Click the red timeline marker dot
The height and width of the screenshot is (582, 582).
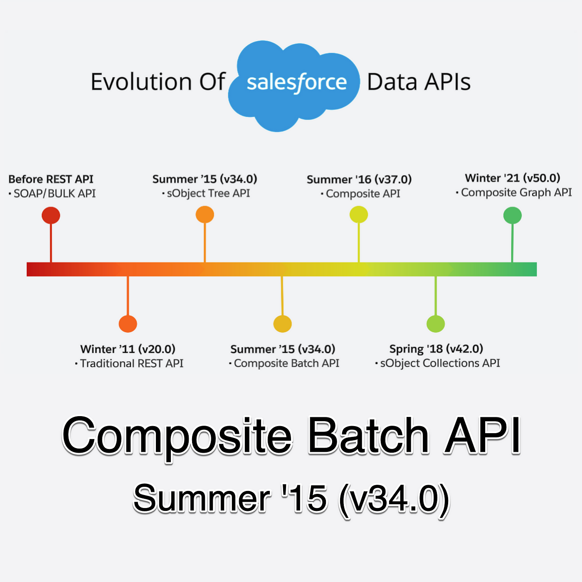tap(51, 215)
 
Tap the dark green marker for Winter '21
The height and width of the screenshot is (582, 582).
tap(512, 215)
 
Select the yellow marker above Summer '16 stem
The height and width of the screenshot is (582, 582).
tap(358, 215)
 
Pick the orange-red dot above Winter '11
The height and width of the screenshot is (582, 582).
tap(128, 324)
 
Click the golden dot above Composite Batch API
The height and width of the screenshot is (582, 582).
tap(282, 324)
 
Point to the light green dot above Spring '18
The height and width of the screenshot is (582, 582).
tap(436, 324)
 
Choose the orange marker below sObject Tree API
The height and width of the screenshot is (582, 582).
tap(205, 215)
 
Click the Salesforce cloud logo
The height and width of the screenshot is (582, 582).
tap(293, 86)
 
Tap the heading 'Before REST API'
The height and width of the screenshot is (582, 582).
tap(51, 179)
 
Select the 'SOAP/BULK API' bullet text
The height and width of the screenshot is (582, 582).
tap(52, 194)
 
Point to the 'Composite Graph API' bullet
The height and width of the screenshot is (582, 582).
tap(514, 193)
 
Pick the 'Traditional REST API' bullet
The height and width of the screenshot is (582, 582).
tap(129, 363)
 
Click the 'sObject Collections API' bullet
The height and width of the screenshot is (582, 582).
tap(437, 363)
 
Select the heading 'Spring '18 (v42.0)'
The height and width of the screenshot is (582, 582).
tap(436, 349)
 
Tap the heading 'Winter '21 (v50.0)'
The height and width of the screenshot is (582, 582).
tap(513, 178)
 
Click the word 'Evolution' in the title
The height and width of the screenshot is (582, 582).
tap(141, 81)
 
